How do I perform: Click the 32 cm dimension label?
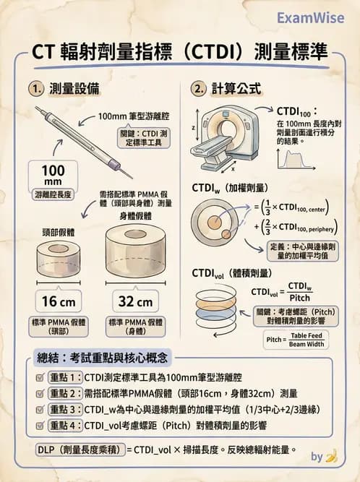135,301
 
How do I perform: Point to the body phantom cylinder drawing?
135,254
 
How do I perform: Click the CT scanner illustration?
226,134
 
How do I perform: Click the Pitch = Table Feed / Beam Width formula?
297,340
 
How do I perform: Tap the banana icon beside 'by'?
332,456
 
